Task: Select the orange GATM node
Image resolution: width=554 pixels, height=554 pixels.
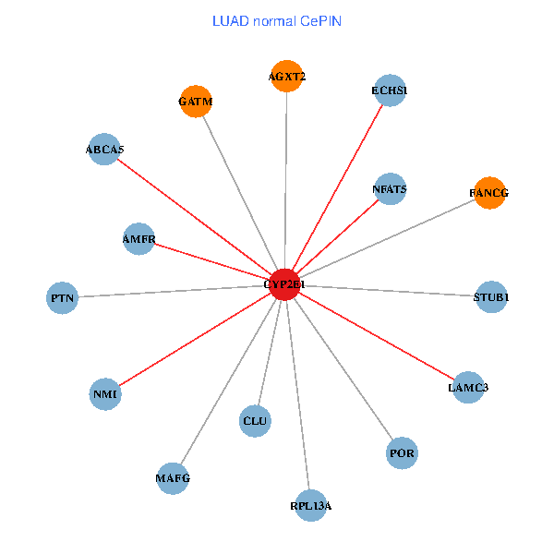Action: pos(196,102)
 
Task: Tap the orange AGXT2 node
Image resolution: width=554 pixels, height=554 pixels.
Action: pos(287,77)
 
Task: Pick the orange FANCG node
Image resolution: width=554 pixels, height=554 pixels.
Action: pos(488,193)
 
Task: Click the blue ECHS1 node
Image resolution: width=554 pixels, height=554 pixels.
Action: pos(390,90)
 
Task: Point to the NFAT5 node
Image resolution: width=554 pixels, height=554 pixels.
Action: pos(390,189)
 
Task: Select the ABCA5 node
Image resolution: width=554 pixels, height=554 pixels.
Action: pos(104,149)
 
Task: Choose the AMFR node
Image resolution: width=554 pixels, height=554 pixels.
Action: pos(138,239)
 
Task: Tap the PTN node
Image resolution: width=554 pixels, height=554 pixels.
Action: pos(63,298)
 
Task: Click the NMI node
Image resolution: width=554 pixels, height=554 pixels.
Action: pos(105,394)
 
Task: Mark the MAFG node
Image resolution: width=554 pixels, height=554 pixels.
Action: pos(173,478)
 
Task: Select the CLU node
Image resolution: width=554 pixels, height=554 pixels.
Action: pos(255,421)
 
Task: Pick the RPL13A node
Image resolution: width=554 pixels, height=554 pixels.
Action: pos(310,506)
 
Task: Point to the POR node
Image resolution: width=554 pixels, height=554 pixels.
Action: pos(402,453)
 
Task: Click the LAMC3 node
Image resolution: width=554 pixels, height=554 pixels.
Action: pos(467,387)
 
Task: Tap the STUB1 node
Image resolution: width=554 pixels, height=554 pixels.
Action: pos(490,297)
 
